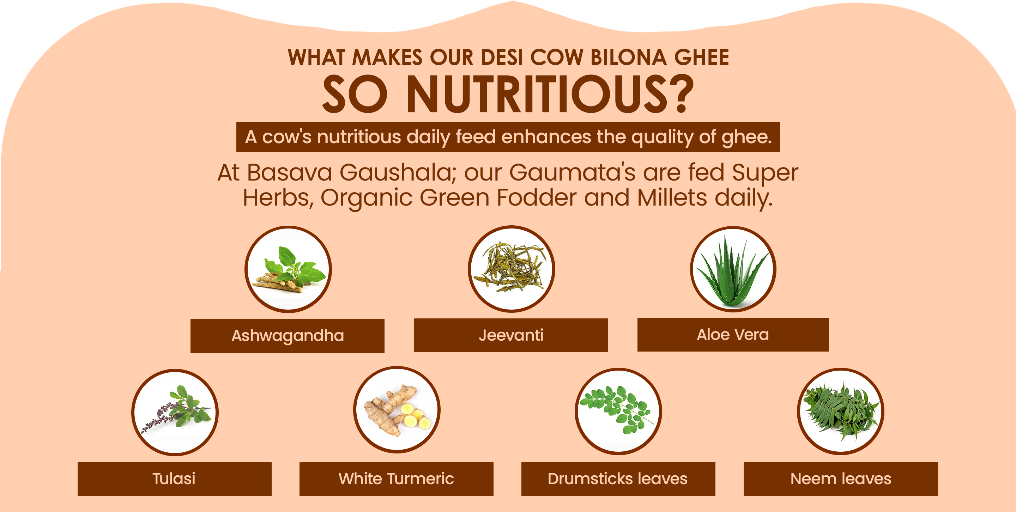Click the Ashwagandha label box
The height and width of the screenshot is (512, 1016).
pos(287,336)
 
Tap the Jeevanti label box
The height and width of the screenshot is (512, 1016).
pos(510,335)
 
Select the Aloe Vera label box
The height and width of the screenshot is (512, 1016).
pos(733,335)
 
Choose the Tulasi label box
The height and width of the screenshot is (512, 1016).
pos(174,479)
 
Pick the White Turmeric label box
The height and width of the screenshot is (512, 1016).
pos(397,479)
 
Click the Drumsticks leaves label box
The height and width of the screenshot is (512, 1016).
pos(618,479)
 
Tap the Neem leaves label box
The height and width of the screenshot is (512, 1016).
pos(840,479)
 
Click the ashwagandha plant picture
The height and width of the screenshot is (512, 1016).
pos(288,269)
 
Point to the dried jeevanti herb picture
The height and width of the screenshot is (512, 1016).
pos(512,269)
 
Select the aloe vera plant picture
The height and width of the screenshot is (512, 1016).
pos(733,269)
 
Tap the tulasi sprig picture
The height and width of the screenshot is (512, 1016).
pos(175,412)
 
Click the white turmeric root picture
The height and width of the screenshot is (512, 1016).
pos(397,410)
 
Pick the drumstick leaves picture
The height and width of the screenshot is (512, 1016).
pos(618,411)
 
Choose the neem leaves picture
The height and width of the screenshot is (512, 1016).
pos(840,411)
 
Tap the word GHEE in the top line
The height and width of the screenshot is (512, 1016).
pos(702,57)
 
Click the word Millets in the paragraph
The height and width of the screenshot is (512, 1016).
pos(672,197)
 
